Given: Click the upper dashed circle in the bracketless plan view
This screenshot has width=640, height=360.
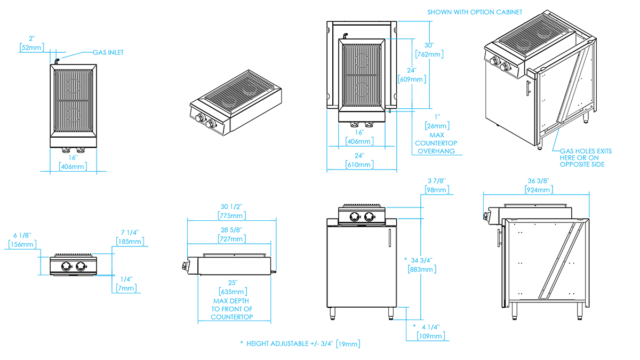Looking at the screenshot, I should coord(74,85).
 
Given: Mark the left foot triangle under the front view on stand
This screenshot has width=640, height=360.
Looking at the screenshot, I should coord(332,313).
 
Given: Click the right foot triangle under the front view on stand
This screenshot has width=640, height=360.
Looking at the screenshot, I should coord(393,313).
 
